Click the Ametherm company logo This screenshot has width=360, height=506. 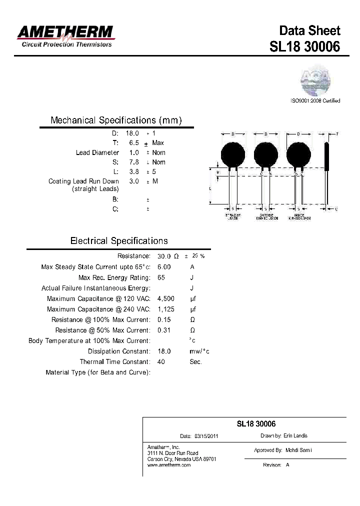click(x=65, y=36)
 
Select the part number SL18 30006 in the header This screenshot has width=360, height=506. click(x=304, y=46)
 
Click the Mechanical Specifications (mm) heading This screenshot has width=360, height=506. click(x=116, y=120)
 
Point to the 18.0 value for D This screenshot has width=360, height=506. click(x=132, y=133)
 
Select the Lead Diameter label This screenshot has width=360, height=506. click(x=97, y=152)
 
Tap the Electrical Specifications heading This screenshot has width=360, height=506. click(x=119, y=241)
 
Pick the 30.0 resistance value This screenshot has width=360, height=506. click(x=164, y=256)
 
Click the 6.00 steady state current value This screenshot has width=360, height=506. click(x=164, y=267)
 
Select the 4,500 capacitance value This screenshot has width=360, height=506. click(x=166, y=298)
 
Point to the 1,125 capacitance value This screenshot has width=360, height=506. click(x=166, y=309)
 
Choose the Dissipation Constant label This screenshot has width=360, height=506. click(x=118, y=351)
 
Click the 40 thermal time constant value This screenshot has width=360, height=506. click(x=161, y=361)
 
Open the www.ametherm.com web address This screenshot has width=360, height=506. click(x=169, y=465)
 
